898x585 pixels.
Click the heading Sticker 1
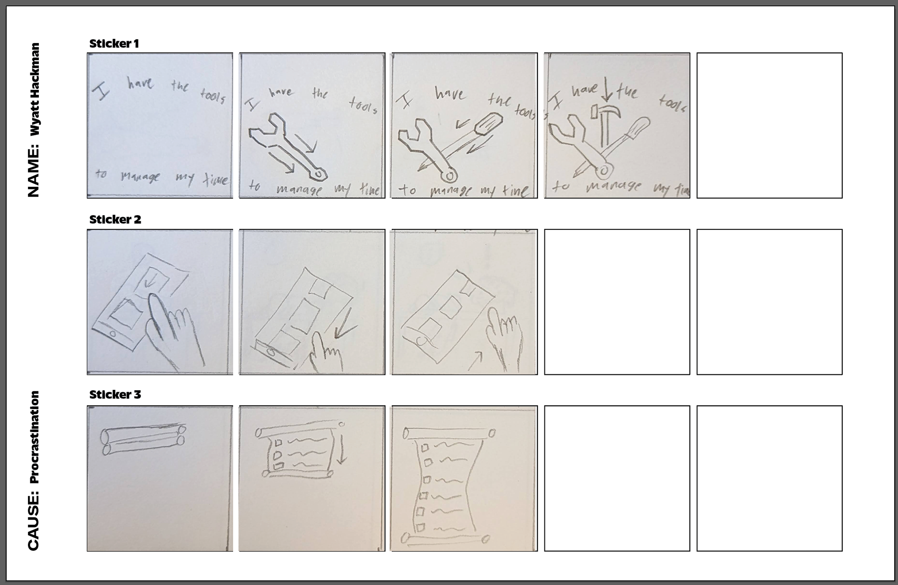(114, 44)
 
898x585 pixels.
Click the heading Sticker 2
(115, 219)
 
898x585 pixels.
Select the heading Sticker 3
(115, 395)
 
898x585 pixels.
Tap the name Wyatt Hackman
(34, 90)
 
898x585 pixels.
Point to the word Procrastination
(34, 437)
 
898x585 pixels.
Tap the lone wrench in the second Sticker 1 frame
(285, 147)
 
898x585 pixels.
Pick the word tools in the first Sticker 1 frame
(212, 96)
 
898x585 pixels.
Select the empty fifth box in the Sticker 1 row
(769, 125)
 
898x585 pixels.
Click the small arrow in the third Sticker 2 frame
(475, 361)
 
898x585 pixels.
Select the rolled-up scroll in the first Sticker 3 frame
(143, 439)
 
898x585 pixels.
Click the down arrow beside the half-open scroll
(341, 448)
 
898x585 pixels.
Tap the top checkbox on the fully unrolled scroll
(425, 447)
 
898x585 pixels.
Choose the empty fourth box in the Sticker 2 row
(617, 302)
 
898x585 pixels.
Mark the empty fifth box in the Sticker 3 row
(769, 478)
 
